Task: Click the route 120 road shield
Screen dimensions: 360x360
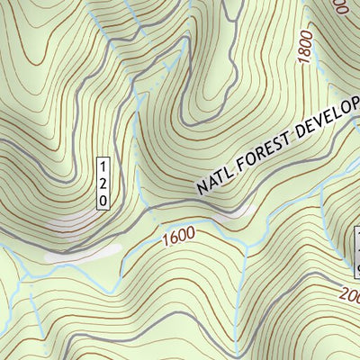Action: tap(103, 183)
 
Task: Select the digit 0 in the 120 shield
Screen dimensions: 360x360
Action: tap(103, 198)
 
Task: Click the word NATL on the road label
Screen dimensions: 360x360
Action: tap(212, 181)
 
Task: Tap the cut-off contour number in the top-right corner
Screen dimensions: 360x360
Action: tap(340, 7)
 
